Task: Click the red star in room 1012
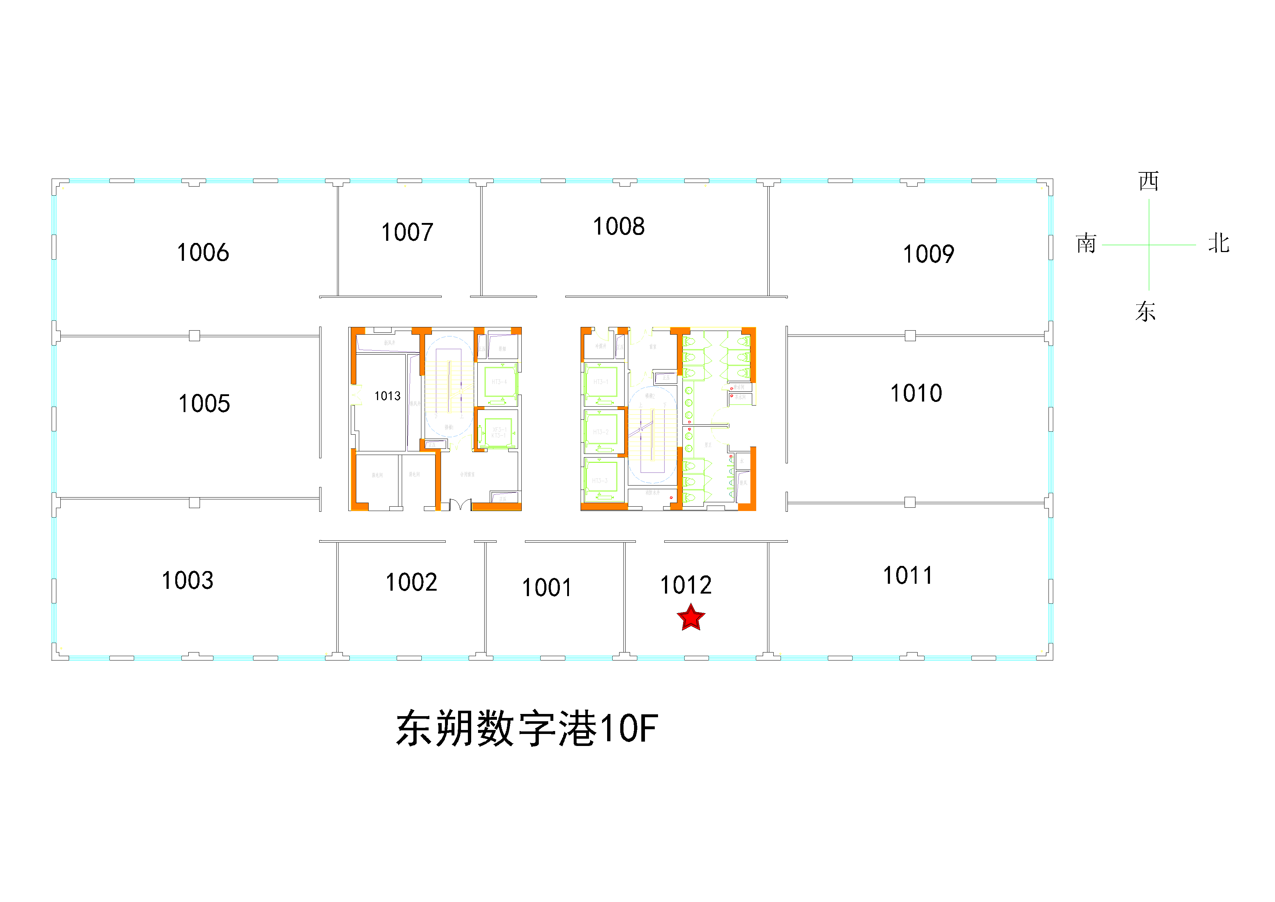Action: [x=691, y=618]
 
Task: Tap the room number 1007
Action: [x=407, y=232]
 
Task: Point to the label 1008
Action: [x=619, y=227]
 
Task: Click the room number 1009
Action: [x=929, y=254]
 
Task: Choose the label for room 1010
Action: [x=916, y=393]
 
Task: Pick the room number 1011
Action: [x=909, y=575]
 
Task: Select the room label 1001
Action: [x=547, y=588]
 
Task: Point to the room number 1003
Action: [x=188, y=581]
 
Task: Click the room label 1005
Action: [x=204, y=404]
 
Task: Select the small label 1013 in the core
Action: [x=388, y=396]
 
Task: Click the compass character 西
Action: [x=1148, y=181]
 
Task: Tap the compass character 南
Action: [x=1086, y=244]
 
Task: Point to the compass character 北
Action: [x=1219, y=244]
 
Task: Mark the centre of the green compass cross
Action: [x=1149, y=244]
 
